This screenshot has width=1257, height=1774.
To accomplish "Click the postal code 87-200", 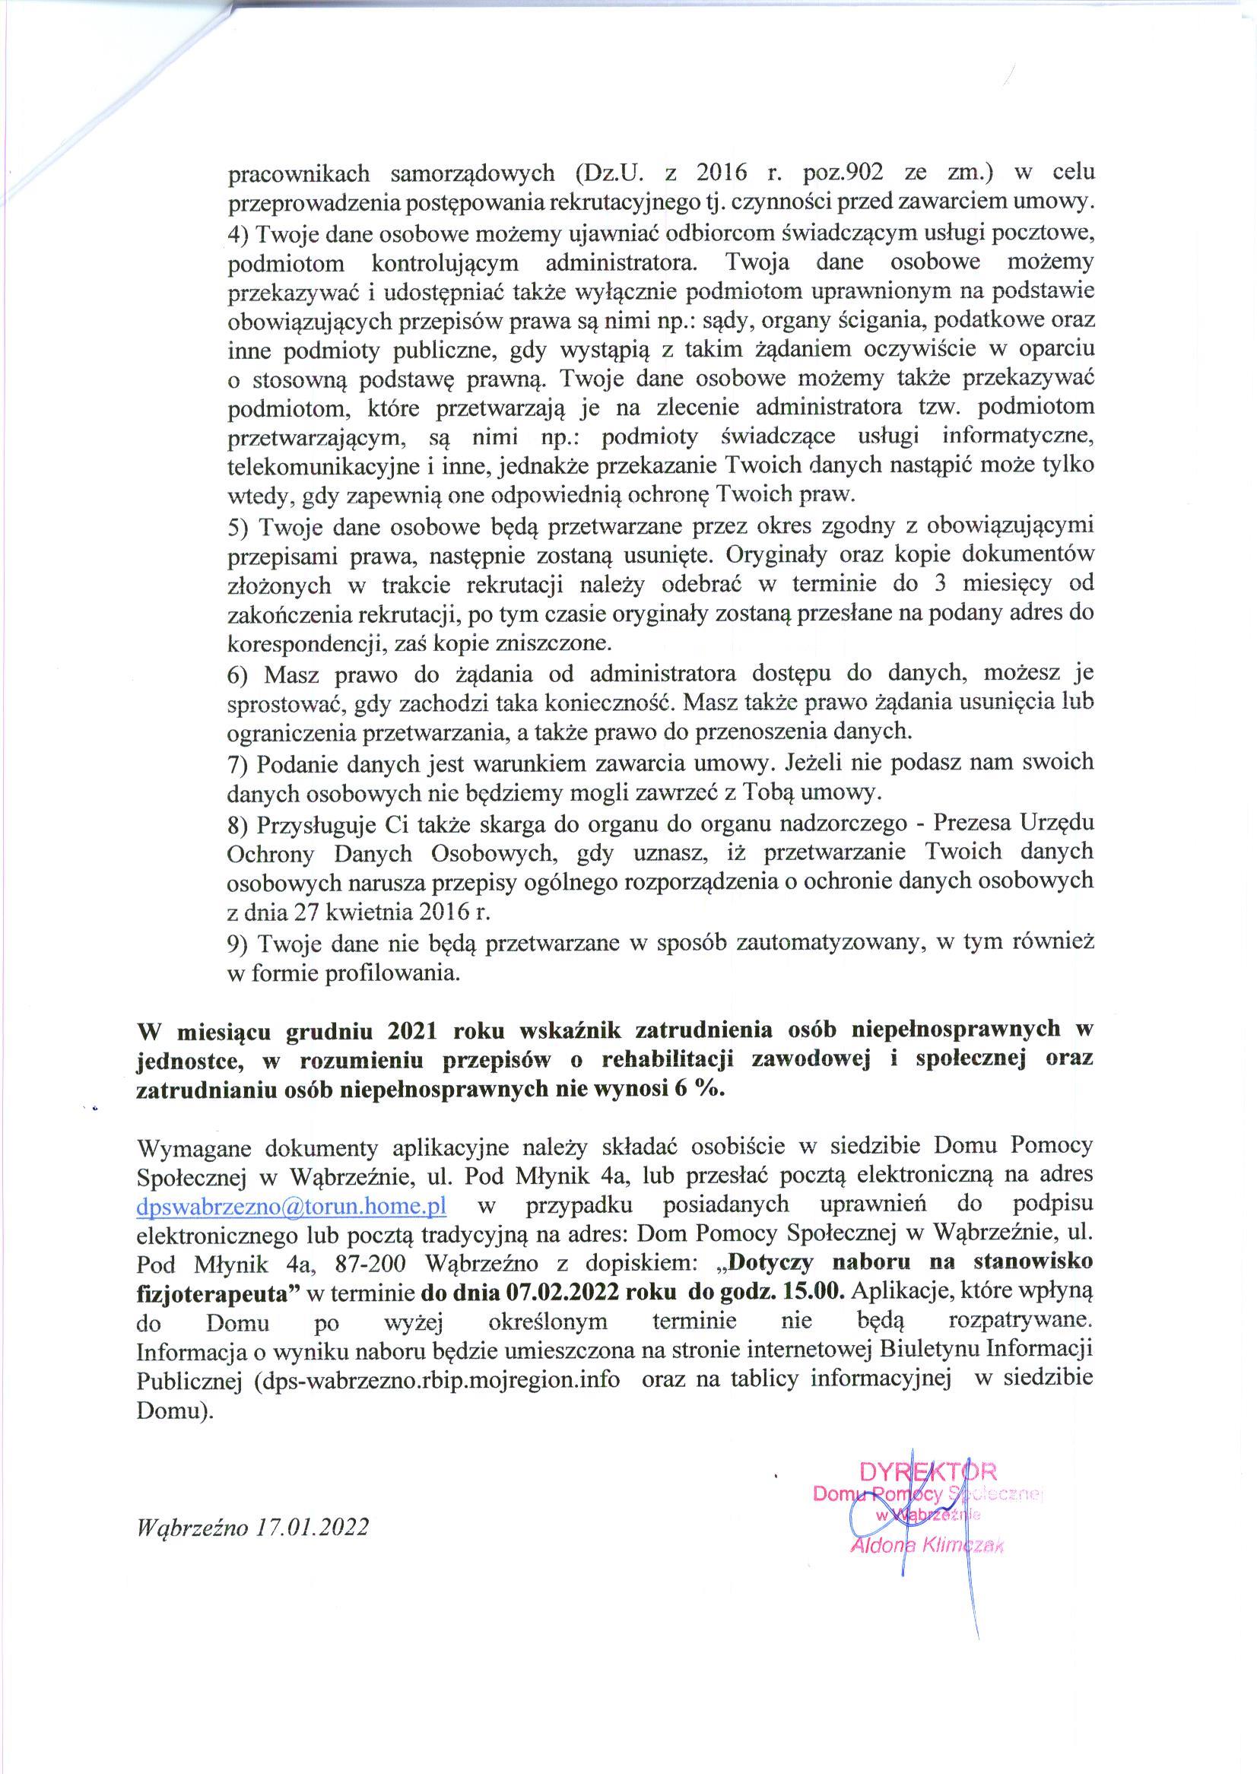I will (375, 1264).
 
